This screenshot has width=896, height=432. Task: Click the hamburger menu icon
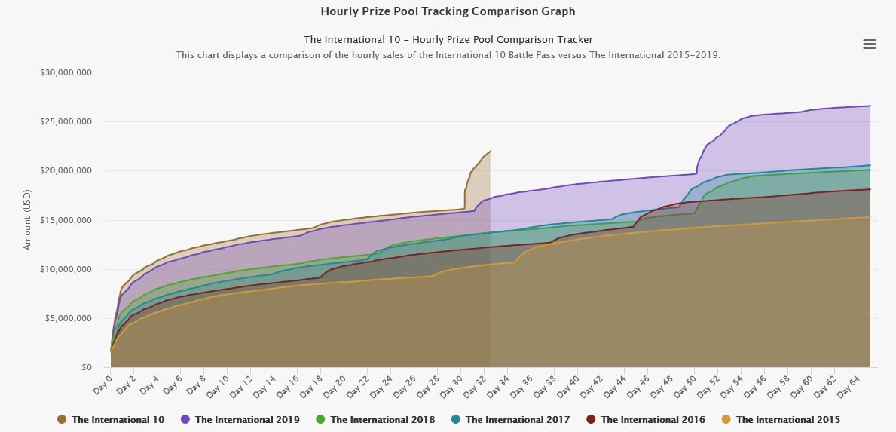(x=869, y=44)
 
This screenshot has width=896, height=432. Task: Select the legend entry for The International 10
(x=118, y=419)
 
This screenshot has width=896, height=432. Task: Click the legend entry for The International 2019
(x=246, y=419)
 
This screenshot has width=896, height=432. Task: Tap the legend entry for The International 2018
(x=382, y=419)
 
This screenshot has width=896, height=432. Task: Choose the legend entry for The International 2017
(x=518, y=419)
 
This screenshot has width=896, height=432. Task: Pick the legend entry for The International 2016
(x=653, y=419)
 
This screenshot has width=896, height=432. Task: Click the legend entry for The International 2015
(x=787, y=419)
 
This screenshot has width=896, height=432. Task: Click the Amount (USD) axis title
(x=28, y=219)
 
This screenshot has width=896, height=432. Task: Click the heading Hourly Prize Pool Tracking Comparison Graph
(x=448, y=11)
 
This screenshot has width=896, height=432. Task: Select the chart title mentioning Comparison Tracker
(x=448, y=39)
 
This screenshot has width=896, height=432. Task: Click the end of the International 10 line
(x=490, y=151)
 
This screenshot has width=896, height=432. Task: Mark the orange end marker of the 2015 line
(x=870, y=217)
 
